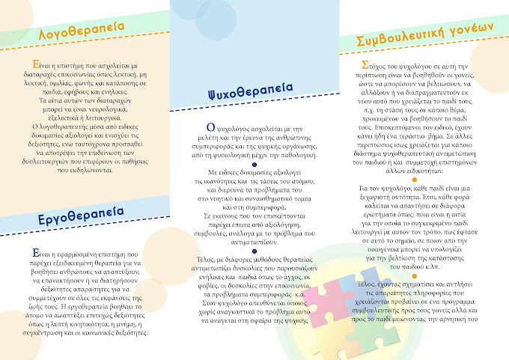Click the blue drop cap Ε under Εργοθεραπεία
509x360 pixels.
(27, 254)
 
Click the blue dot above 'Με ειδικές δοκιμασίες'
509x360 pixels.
(254, 164)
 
